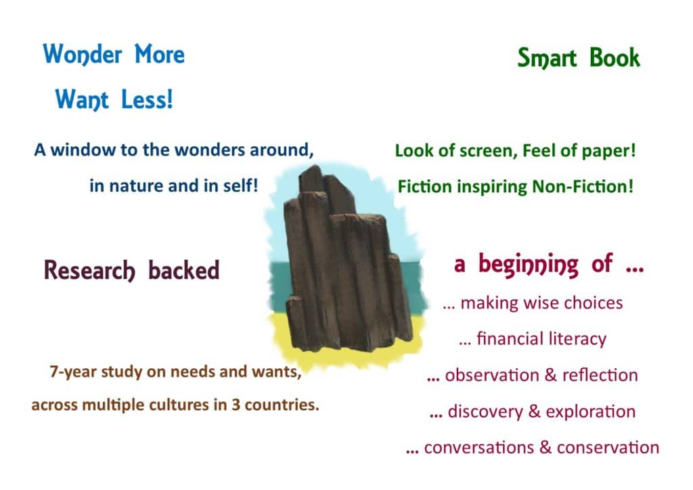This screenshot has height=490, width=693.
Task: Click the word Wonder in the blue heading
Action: [x=82, y=55]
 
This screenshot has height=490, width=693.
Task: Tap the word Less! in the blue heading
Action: [x=147, y=99]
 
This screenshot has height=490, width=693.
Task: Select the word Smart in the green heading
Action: [x=547, y=58]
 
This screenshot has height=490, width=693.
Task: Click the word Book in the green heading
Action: [x=614, y=58]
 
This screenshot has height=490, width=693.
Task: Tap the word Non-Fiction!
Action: [x=583, y=186]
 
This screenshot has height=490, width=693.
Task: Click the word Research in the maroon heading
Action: [x=89, y=271]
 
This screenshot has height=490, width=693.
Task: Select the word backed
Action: [x=183, y=270]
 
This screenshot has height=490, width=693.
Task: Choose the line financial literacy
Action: [x=533, y=339]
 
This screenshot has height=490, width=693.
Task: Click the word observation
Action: [x=492, y=375]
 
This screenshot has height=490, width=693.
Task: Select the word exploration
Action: [x=590, y=411]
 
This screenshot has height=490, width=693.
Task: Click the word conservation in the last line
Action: [x=608, y=447]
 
